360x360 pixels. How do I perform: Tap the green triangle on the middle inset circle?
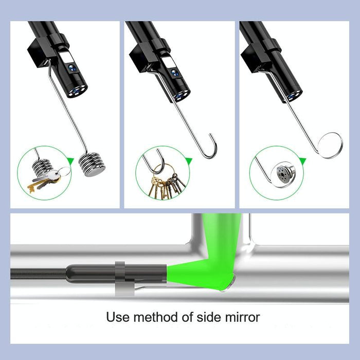point(189,161)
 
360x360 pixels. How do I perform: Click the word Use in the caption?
point(117,317)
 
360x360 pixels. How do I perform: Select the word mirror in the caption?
point(241,317)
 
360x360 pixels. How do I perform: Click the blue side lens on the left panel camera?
point(71,66)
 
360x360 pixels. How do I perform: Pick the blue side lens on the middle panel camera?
point(175,73)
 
